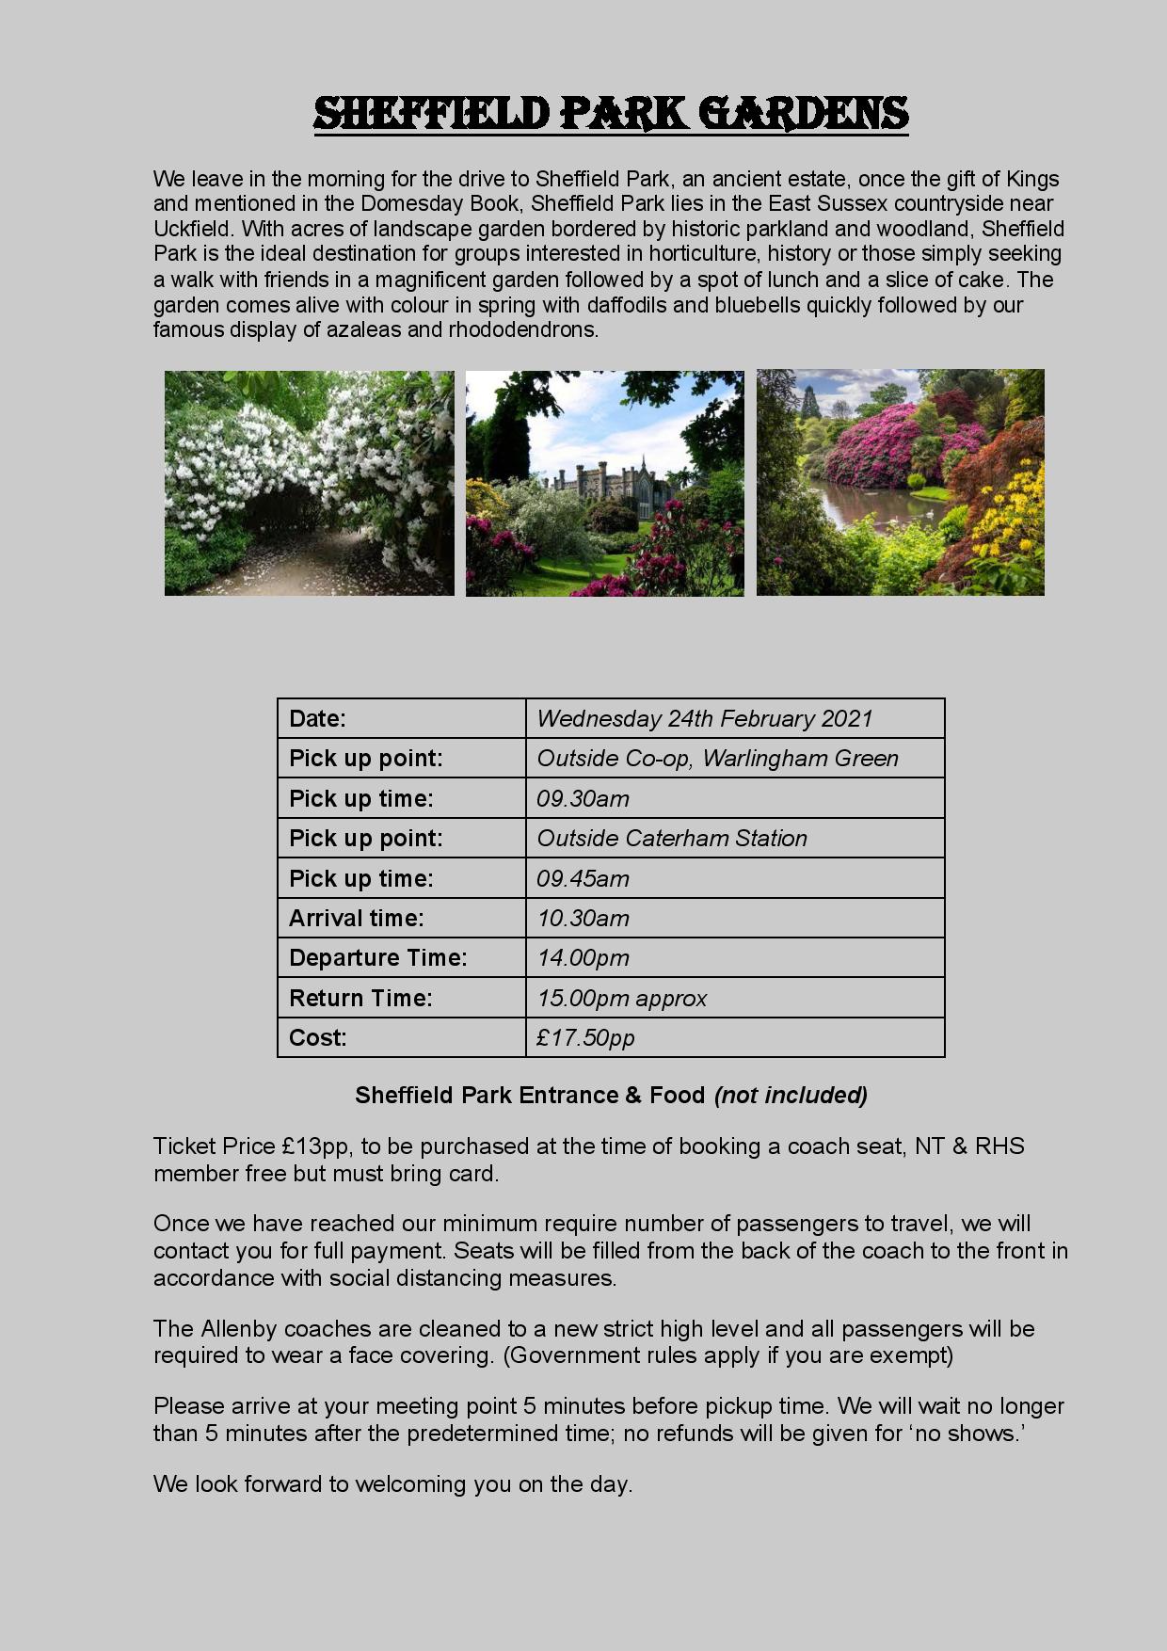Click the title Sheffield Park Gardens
pos(611,114)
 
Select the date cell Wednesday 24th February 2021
pos(704,719)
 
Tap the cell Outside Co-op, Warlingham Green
pos(717,759)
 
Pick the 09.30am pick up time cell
pos(583,799)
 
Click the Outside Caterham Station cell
pos(672,839)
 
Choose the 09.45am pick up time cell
pos(583,879)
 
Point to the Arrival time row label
pos(356,919)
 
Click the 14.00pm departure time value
pos(583,958)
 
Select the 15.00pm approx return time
pos(621,999)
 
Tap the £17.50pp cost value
pos(585,1038)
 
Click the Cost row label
pos(317,1038)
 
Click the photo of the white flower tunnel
pos(309,483)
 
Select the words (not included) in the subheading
pos(791,1096)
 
